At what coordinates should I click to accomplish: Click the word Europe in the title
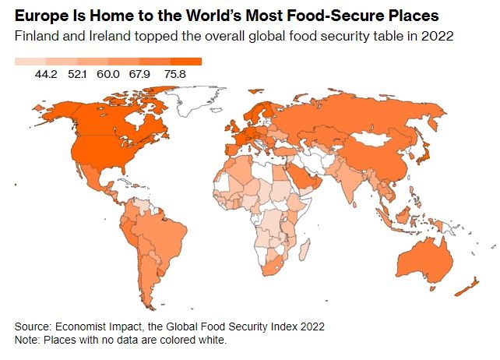(x=39, y=16)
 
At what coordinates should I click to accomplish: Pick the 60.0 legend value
(x=108, y=74)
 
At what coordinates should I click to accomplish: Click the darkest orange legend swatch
(x=186, y=61)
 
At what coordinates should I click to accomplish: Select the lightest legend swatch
(x=30, y=61)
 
